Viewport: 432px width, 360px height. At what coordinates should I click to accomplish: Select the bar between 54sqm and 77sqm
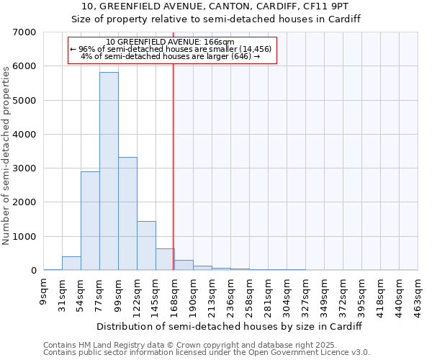[x=90, y=220]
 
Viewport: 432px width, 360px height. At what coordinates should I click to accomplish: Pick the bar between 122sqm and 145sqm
[x=146, y=246]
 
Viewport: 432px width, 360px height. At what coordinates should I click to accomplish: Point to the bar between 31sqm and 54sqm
[x=71, y=264]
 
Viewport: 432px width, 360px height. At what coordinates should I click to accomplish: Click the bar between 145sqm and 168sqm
[x=165, y=259]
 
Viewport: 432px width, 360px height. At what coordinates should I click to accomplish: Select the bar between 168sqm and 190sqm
[x=184, y=265]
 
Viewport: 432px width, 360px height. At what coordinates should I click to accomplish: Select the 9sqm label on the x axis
[x=43, y=292]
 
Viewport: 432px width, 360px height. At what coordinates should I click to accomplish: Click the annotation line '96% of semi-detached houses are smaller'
[x=171, y=49]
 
